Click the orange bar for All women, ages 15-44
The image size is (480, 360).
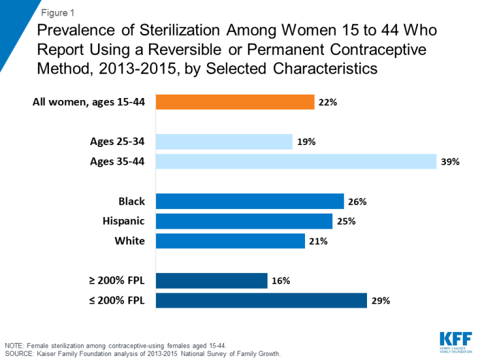point(235,102)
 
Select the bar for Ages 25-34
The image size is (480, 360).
point(224,142)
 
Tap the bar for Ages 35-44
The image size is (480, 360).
point(296,161)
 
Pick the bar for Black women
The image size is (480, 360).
point(250,201)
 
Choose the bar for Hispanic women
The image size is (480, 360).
point(244,221)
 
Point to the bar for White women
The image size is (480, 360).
point(231,241)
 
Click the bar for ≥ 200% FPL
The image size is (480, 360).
point(212,280)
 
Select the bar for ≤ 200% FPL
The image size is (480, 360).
point(261,301)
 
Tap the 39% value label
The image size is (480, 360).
point(450,162)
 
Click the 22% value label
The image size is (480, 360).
point(328,103)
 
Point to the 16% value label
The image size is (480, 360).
point(281,281)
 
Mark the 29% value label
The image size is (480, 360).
point(381,301)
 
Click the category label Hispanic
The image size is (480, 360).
point(125,221)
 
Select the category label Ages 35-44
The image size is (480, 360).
point(118,161)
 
